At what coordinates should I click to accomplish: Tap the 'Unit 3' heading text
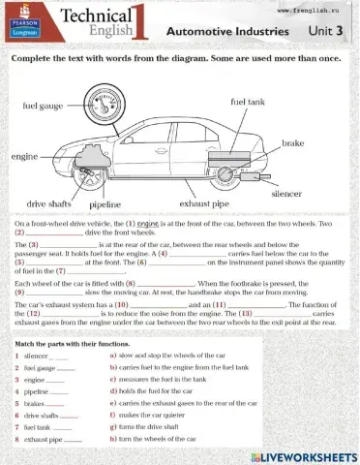coord(325,31)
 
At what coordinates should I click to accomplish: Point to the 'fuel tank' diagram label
coord(250,102)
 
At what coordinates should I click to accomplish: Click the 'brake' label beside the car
coord(292,143)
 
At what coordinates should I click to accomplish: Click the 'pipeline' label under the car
coord(105,205)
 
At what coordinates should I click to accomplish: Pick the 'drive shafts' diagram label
coord(48,204)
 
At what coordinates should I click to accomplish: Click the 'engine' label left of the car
coord(24,156)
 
